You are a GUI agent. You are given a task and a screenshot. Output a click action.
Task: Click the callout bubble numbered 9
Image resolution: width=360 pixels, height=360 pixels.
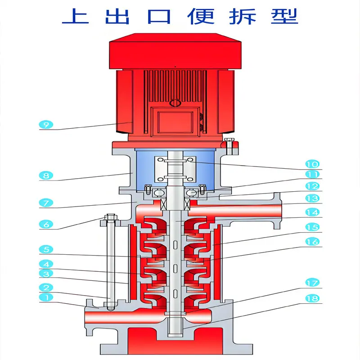pos(46,125)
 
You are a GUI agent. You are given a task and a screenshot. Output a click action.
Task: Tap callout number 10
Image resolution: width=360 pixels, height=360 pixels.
pos(312,164)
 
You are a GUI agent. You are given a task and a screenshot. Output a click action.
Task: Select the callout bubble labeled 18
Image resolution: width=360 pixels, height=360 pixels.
pos(312,298)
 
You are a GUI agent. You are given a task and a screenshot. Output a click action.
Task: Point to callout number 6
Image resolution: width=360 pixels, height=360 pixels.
pos(46,224)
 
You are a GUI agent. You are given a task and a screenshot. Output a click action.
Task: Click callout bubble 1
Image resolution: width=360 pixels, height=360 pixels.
pos(46,297)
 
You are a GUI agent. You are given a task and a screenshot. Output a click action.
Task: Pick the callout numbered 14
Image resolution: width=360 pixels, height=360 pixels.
pos(312,212)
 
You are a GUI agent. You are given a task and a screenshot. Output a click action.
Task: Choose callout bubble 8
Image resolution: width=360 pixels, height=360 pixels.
pos(46,175)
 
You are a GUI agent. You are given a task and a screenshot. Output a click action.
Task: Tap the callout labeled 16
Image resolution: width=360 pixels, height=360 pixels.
pos(312,242)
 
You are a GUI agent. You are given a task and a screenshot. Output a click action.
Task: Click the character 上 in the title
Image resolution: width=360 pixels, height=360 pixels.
pos(76,16)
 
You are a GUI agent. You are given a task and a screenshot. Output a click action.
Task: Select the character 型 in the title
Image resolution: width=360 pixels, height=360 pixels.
pos(284,16)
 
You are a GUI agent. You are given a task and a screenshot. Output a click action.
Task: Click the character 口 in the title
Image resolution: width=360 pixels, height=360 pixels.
pos(159,17)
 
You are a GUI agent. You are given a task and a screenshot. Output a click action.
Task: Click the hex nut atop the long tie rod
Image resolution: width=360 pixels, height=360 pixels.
pos(111,217)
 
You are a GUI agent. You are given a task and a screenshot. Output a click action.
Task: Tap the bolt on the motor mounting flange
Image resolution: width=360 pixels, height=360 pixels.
pos(229,147)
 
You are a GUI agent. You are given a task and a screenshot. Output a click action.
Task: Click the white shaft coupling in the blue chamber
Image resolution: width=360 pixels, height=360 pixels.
pos(175,169)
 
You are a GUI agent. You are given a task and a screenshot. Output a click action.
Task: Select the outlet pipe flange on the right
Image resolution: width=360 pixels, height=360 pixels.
pos(277,211)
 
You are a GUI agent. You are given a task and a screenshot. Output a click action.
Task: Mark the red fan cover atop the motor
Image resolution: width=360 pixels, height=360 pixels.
pos(175,51)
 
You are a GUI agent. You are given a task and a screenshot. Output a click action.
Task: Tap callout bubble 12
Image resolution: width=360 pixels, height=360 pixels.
pos(312,186)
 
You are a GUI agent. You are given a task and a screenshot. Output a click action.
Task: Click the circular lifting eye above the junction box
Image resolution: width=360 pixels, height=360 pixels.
pos(175,103)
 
